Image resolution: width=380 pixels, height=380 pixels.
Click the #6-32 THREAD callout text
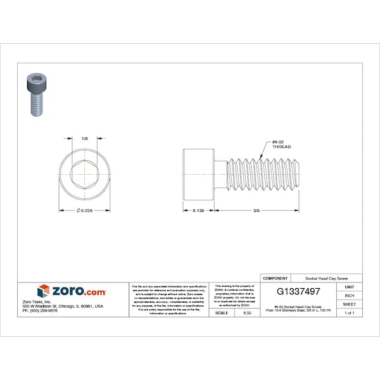281,144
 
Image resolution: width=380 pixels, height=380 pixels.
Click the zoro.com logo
71,291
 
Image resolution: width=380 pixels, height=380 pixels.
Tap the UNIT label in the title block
349,287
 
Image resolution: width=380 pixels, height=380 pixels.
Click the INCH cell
349,296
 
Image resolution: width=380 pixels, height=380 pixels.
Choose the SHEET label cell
349,305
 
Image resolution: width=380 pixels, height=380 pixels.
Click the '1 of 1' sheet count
349,313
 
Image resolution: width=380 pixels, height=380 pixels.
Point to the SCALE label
222,313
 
